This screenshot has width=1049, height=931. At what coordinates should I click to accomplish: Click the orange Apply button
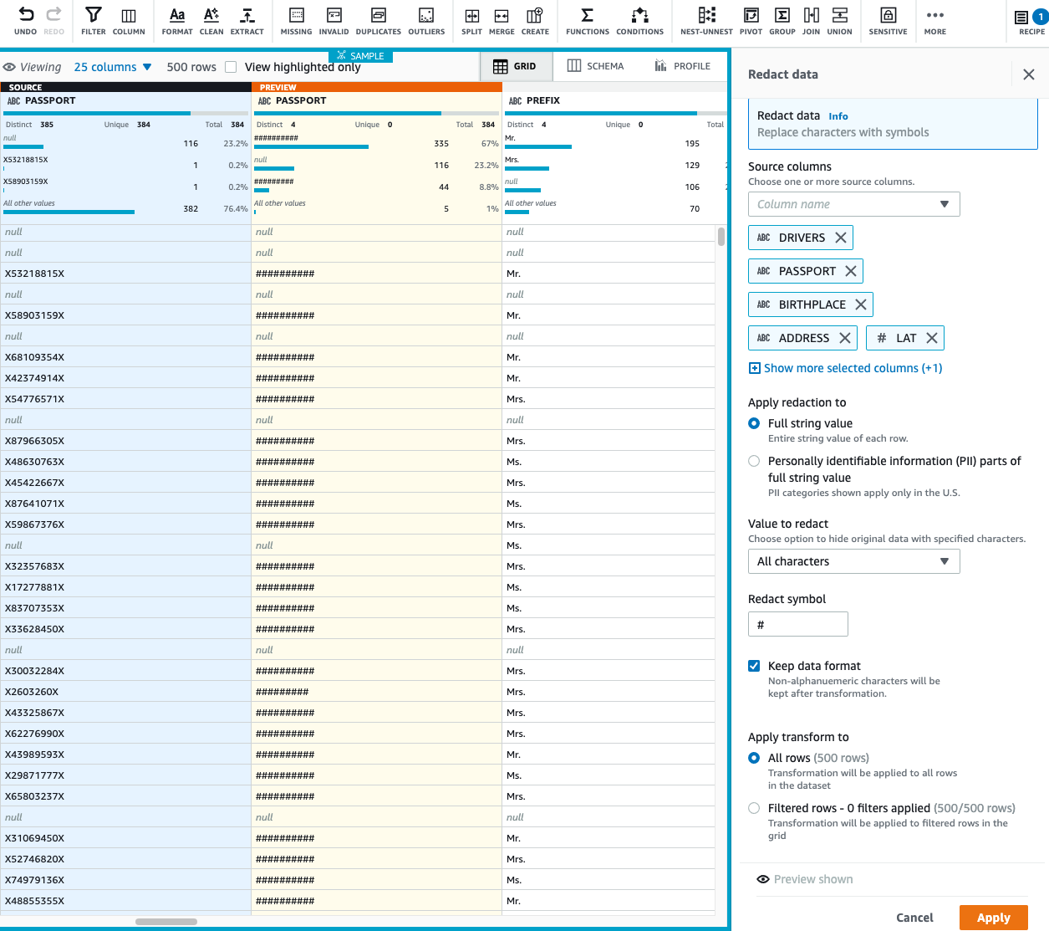993,918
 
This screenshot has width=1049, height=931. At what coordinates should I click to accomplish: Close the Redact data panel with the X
1029,74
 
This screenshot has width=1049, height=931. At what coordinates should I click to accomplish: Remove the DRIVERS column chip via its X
841,238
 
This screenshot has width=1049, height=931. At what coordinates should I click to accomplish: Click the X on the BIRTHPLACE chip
861,304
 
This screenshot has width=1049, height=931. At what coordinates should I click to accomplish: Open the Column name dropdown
853,204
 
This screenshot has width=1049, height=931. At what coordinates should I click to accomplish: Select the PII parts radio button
754,461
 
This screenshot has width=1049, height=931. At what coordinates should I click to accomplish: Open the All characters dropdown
853,561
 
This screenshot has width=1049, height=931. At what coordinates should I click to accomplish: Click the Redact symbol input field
797,624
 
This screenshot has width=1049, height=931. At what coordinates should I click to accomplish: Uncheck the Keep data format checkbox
754,666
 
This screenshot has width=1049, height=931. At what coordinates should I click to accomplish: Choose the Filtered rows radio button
754,808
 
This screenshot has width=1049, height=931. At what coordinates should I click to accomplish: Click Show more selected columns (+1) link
852,368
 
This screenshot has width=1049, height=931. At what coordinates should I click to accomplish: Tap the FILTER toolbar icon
94,20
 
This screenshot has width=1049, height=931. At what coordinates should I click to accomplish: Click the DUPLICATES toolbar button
378,20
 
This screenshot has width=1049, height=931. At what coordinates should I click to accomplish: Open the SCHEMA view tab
595,66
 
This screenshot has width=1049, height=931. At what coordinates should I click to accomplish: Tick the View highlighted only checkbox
231,67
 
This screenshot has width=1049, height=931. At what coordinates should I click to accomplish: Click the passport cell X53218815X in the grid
35,274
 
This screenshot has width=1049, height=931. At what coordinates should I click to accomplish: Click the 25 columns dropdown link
113,67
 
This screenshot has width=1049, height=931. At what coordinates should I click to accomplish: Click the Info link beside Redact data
838,116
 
